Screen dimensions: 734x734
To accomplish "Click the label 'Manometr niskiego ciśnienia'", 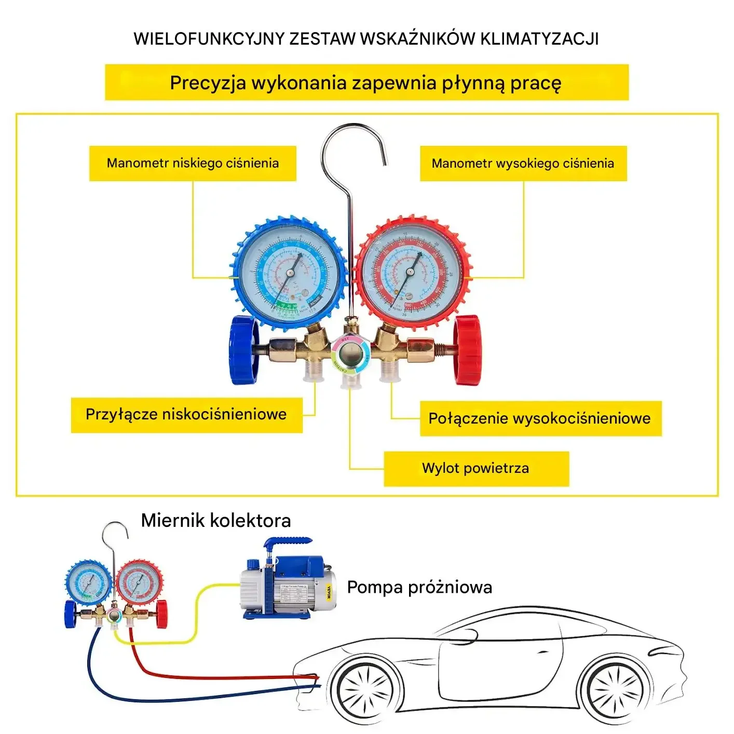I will (193, 164).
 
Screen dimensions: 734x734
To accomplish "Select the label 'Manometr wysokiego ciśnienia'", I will (523, 164).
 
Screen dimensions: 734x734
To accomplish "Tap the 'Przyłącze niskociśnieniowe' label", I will (186, 415).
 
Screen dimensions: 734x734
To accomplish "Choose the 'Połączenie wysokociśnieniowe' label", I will (540, 418).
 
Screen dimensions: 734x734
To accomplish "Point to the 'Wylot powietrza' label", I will (475, 468).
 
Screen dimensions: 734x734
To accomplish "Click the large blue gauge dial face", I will (289, 274).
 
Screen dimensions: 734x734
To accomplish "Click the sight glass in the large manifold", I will (351, 356).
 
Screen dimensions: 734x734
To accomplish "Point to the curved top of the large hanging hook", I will (353, 128).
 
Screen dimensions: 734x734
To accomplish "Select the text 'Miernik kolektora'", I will (216, 521).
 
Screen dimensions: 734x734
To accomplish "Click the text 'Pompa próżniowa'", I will (419, 588).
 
